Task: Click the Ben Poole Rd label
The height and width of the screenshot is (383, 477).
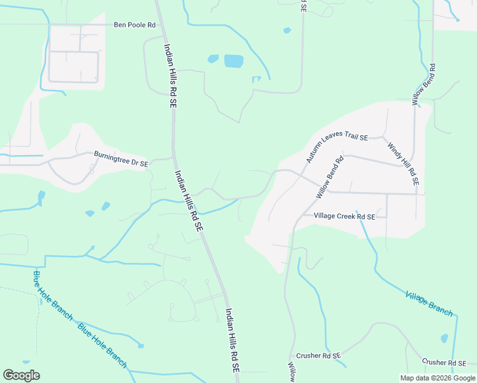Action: [x=134, y=25]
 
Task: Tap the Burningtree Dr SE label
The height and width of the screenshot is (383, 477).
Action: [x=121, y=159]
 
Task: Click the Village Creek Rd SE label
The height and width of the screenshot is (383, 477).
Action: [x=344, y=216]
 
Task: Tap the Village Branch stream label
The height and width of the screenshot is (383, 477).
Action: [x=429, y=303]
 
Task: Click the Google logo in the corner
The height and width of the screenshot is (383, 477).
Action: [x=21, y=375]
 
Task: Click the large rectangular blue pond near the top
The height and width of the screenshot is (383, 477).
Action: [x=233, y=61]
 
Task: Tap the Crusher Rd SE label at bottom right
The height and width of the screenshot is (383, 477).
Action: [x=445, y=362]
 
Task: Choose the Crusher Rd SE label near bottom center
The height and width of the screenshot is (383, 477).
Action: [x=318, y=355]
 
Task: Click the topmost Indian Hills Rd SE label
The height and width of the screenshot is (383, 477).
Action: [x=170, y=75]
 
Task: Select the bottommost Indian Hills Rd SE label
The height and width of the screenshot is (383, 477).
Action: [x=232, y=342]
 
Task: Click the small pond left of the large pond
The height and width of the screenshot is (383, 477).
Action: [x=213, y=59]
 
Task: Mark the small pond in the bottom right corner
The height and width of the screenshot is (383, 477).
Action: [x=444, y=338]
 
